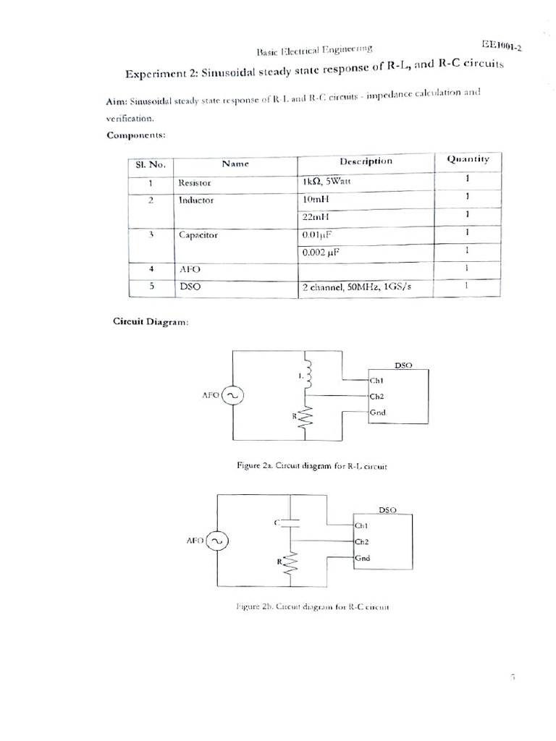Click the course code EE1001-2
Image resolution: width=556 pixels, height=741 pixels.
click(x=502, y=46)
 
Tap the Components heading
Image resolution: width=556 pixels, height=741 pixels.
click(x=137, y=135)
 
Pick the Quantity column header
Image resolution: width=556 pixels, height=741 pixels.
click(x=468, y=159)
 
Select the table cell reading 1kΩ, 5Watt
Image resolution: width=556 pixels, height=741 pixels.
click(x=327, y=182)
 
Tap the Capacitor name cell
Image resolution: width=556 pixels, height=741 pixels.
click(x=198, y=234)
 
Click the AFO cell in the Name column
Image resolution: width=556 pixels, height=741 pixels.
click(x=189, y=269)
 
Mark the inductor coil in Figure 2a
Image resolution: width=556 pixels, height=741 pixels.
click(x=308, y=373)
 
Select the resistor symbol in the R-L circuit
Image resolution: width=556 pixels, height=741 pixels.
click(x=307, y=418)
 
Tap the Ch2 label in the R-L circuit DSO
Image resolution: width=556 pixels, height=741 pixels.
click(x=376, y=397)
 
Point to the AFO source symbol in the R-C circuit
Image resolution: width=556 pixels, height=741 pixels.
click(x=217, y=541)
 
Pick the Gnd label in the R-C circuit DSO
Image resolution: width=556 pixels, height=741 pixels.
click(x=363, y=558)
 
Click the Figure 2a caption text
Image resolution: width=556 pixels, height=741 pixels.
click(x=312, y=467)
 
